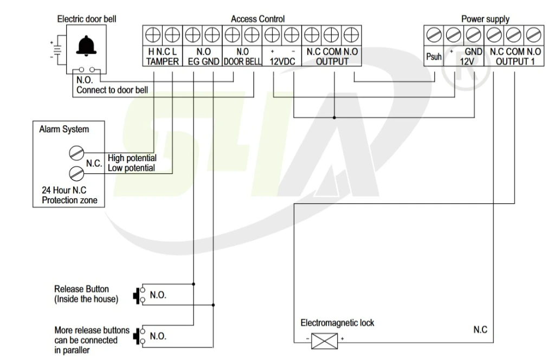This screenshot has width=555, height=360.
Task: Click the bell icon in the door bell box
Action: pyautogui.click(x=84, y=47)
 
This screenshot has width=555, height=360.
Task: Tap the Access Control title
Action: pyautogui.click(x=257, y=19)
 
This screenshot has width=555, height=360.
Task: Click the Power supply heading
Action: pyautogui.click(x=485, y=19)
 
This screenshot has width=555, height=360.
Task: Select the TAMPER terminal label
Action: pyautogui.click(x=162, y=61)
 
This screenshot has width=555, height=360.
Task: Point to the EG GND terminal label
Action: pyautogui.click(x=203, y=61)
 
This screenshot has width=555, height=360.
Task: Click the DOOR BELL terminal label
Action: pyautogui.click(x=242, y=61)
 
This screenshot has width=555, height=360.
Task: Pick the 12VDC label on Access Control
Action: pyautogui.click(x=282, y=61)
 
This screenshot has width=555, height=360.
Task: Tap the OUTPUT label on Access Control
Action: pyautogui.click(x=332, y=61)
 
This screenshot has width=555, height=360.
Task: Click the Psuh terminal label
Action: pyautogui.click(x=434, y=56)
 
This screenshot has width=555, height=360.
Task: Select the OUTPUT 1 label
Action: pyautogui.click(x=514, y=61)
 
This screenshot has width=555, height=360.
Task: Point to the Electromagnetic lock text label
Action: pyautogui.click(x=337, y=323)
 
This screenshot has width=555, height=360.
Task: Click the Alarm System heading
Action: pyautogui.click(x=64, y=130)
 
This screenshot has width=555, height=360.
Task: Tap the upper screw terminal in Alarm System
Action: pyautogui.click(x=76, y=153)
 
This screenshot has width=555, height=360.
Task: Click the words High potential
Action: pyautogui.click(x=132, y=158)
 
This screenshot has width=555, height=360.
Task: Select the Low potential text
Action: pyautogui.click(x=131, y=168)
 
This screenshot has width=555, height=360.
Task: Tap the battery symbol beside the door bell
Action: pyautogui.click(x=56, y=49)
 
